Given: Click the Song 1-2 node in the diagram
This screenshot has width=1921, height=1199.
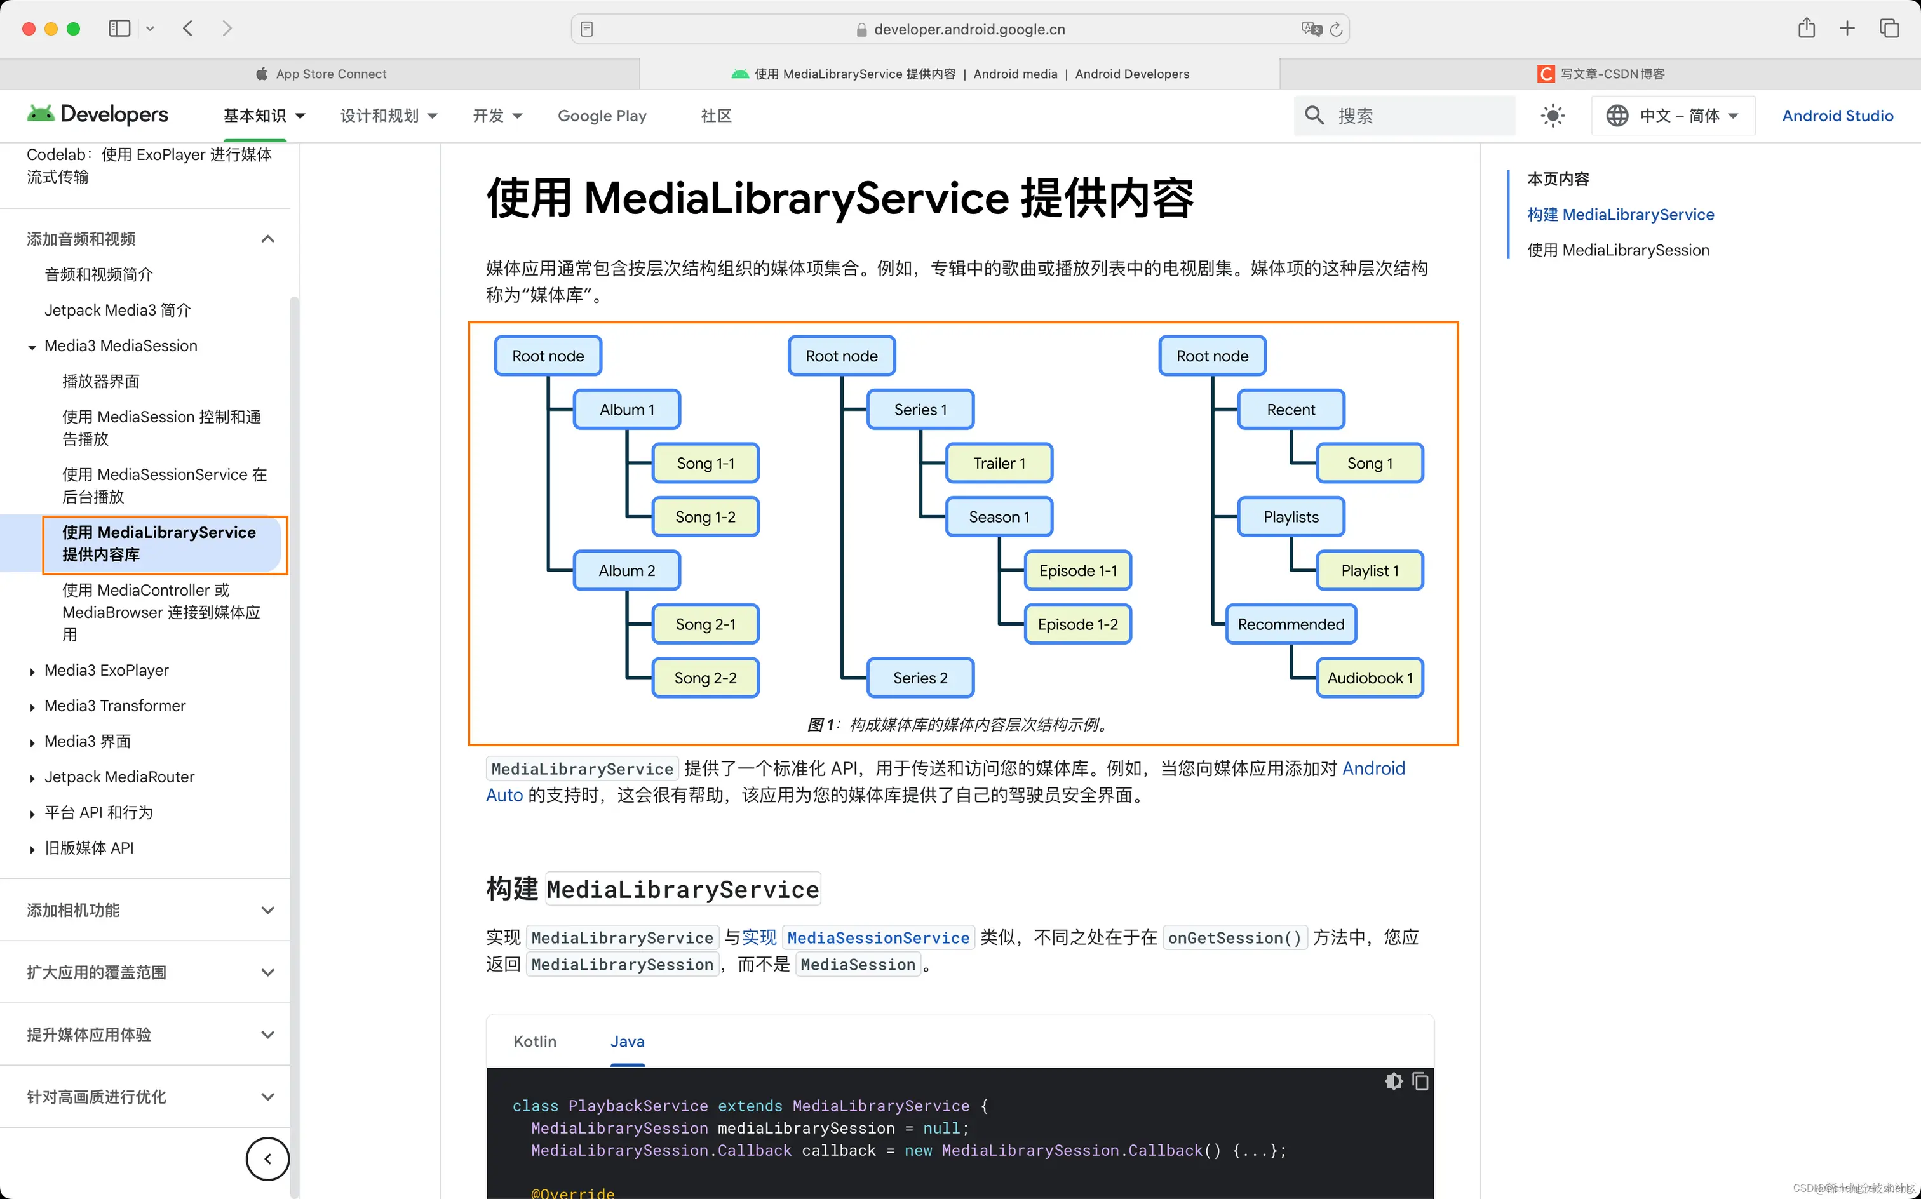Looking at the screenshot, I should (x=705, y=517).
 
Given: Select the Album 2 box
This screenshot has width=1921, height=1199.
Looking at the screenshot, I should (x=626, y=571).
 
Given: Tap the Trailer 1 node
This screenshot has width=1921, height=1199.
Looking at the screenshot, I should (x=999, y=463).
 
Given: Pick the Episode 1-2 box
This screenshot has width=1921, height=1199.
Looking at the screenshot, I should (x=1077, y=624).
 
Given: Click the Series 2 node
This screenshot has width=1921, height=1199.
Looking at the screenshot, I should (x=920, y=678).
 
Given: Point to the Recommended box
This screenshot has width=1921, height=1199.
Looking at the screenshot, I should (x=1290, y=624).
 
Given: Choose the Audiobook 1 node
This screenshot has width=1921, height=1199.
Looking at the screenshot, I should (x=1370, y=678).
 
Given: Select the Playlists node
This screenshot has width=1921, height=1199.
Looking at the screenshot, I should (x=1290, y=517).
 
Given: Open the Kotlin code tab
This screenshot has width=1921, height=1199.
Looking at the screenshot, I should (x=535, y=1042).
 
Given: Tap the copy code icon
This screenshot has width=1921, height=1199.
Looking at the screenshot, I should (x=1420, y=1082).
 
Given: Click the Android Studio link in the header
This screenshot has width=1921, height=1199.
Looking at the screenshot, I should (x=1837, y=116).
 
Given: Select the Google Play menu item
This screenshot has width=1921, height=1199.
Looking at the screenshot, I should (x=602, y=116).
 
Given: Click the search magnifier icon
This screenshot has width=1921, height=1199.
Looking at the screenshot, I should (x=1314, y=116).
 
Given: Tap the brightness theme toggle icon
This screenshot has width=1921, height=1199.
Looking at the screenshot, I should (x=1552, y=116).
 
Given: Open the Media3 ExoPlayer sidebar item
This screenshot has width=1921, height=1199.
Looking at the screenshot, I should (x=106, y=670).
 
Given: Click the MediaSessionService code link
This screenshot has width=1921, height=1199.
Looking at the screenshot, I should (x=877, y=938).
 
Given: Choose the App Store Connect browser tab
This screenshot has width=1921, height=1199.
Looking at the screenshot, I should (x=331, y=74).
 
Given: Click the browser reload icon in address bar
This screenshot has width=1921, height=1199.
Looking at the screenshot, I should (x=1337, y=29).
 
